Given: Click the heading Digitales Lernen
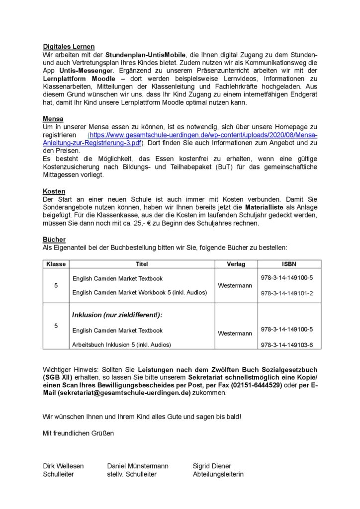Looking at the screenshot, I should coord(69,46).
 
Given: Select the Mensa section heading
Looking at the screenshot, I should coord(53,120).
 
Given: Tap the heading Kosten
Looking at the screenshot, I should coord(54,191).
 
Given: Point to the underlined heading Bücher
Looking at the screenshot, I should coord(54,240).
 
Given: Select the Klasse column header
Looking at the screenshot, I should coord(56,264).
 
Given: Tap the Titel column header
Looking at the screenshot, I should coord(142,264).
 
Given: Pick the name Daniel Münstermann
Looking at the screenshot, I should coord(138,466).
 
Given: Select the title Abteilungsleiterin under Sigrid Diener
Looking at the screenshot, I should coord(218,474).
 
